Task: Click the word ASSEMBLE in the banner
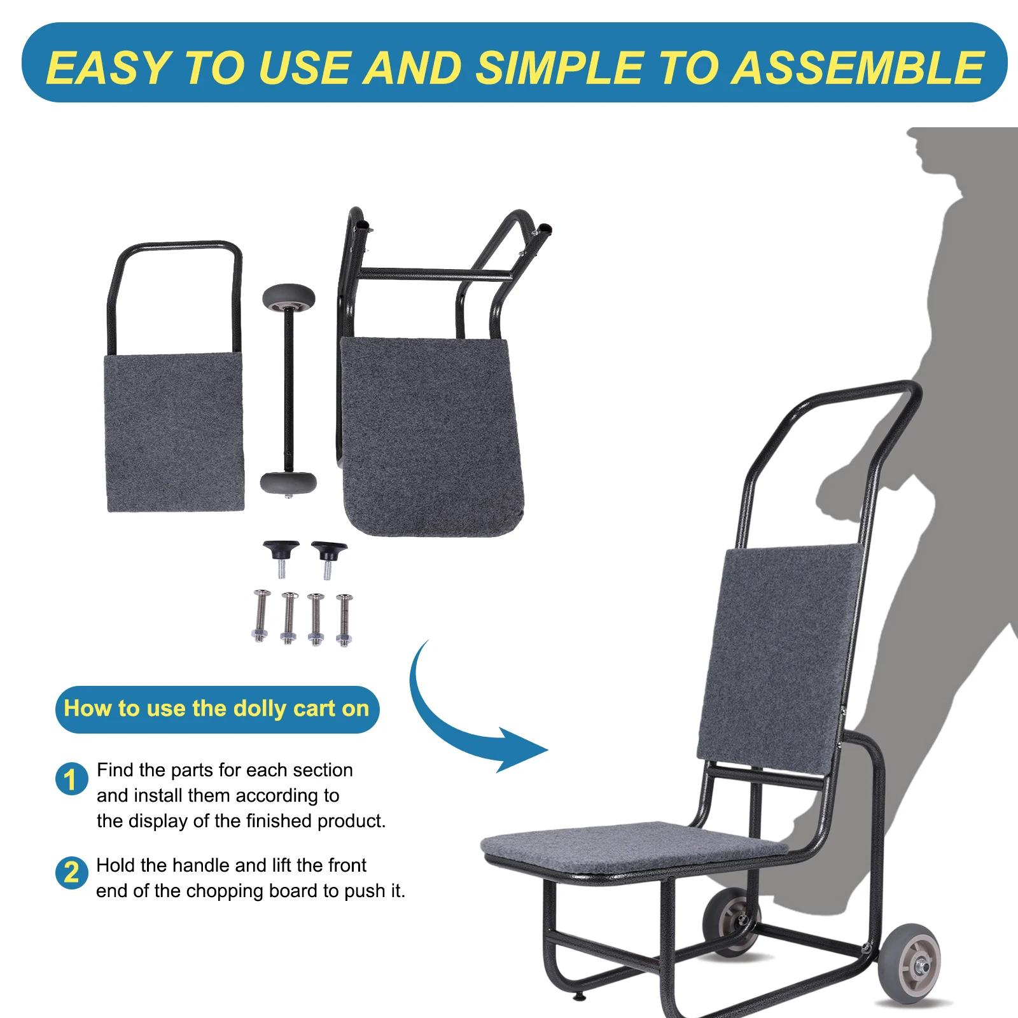coord(858,67)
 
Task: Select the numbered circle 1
coord(71,779)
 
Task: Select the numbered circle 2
coord(71,872)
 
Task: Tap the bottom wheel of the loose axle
coord(288,482)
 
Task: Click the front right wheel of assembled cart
coord(910,963)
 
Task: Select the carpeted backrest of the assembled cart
coord(781,655)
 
